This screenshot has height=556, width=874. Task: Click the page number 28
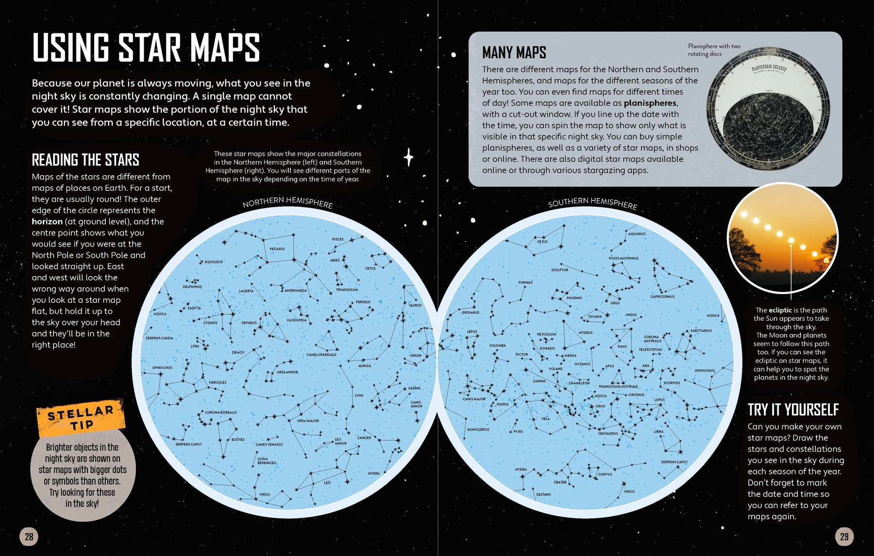pyautogui.click(x=29, y=537)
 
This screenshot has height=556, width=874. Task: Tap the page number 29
pyautogui.click(x=844, y=537)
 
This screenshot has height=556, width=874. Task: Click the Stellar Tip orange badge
pyautogui.click(x=81, y=418)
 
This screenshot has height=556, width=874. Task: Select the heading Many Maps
pyautogui.click(x=514, y=52)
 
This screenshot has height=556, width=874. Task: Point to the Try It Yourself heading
pyautogui.click(x=793, y=410)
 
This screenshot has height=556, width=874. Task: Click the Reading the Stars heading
pyautogui.click(x=85, y=160)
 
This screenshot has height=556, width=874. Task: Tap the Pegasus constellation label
pyautogui.click(x=277, y=249)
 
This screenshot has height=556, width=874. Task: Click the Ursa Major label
pyautogui.click(x=308, y=421)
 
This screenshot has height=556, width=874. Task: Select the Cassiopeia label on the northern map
pyautogui.click(x=297, y=320)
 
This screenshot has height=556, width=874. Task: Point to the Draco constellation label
pyautogui.click(x=238, y=353)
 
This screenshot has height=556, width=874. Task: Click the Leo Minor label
pyautogui.click(x=340, y=442)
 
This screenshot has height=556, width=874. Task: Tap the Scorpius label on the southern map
pyautogui.click(x=672, y=383)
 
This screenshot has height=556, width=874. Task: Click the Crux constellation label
pyautogui.click(x=600, y=406)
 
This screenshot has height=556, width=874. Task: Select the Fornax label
pyautogui.click(x=525, y=282)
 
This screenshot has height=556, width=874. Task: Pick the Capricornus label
pyautogui.click(x=662, y=296)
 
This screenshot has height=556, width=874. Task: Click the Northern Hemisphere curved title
pyautogui.click(x=287, y=202)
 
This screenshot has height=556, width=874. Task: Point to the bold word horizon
pyautogui.click(x=47, y=222)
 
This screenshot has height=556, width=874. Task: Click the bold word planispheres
pyautogui.click(x=650, y=103)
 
